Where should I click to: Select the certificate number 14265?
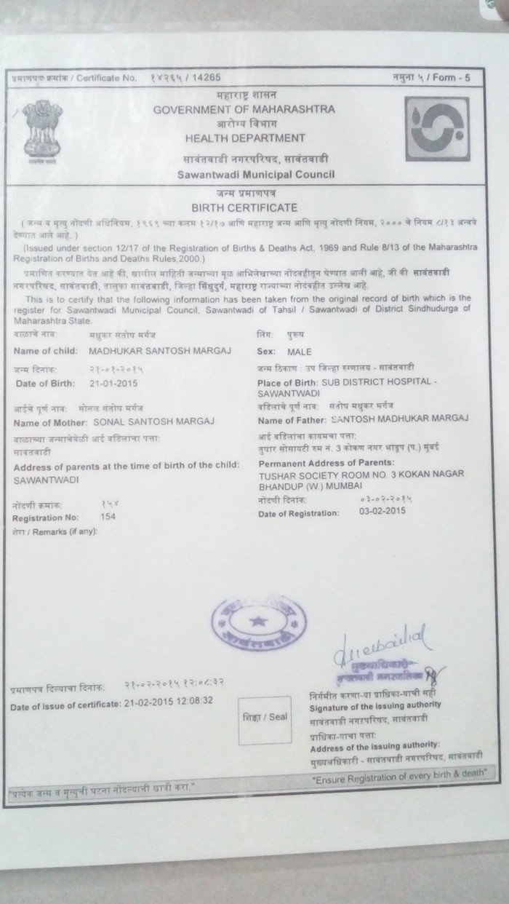tap(206, 77)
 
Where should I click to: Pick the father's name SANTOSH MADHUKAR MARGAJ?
tap(406, 418)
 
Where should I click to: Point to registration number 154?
tap(108, 516)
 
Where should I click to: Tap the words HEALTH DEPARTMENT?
tap(244, 137)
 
